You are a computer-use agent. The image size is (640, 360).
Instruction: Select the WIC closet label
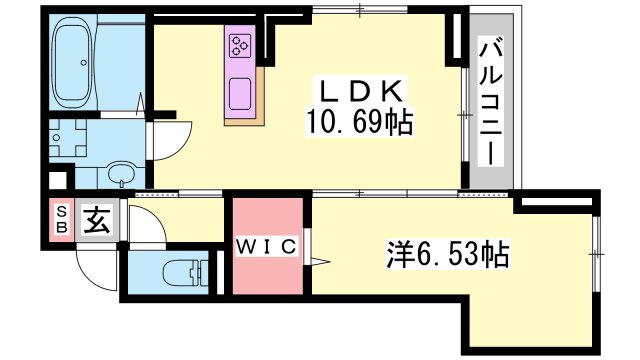[266, 247]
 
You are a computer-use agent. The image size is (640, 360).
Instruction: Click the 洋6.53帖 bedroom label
[446, 254]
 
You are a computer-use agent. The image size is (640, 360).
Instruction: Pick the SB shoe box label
[62, 220]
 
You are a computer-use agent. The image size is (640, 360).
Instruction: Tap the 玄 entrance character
[97, 219]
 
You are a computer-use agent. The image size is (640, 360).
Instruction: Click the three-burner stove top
[241, 45]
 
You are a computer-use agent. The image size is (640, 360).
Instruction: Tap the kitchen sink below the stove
[241, 92]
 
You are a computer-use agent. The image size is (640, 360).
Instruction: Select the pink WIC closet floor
[266, 270]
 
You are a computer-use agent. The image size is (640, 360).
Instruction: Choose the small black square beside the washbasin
[57, 182]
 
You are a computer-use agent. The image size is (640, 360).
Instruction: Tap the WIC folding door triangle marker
[319, 262]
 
